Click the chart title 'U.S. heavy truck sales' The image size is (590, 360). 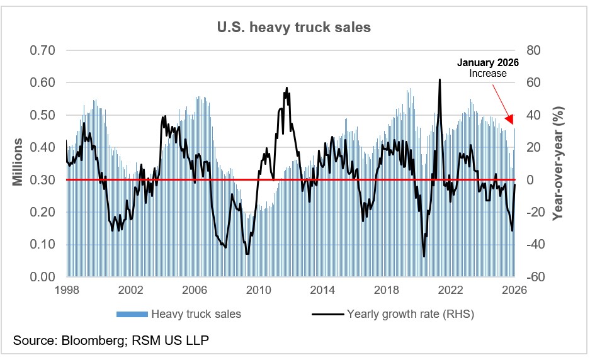(294, 27)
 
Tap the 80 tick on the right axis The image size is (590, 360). (534, 50)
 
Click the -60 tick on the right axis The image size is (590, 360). (534, 277)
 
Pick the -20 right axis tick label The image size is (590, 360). (534, 212)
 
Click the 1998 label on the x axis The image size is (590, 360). (67, 291)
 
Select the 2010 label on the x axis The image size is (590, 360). (259, 291)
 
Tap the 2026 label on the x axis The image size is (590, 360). (514, 291)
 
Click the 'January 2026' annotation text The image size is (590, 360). (488, 63)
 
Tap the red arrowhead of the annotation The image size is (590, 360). (509, 118)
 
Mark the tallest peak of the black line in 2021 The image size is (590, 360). (439, 79)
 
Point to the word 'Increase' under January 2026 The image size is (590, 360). (488, 74)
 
